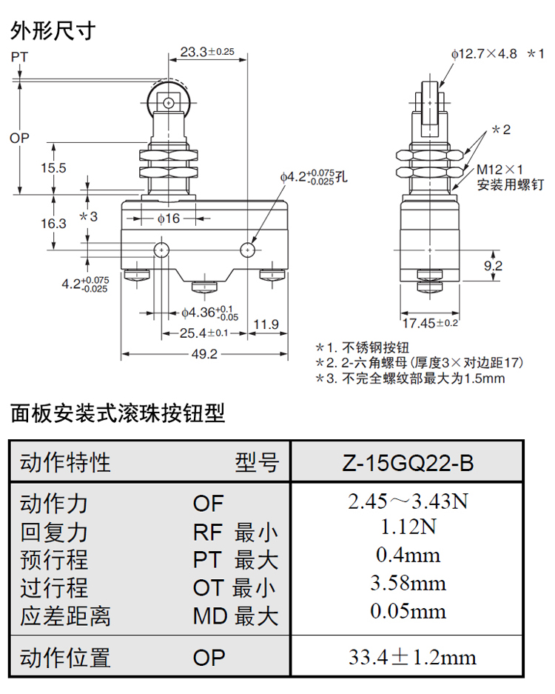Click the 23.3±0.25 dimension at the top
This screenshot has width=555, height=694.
(206, 52)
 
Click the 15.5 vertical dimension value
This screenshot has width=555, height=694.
(53, 168)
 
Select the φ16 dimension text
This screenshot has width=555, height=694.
(168, 218)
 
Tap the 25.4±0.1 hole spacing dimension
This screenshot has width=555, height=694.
(205, 333)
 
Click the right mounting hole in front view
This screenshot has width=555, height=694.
(246, 250)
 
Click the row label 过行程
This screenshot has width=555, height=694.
(54, 588)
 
